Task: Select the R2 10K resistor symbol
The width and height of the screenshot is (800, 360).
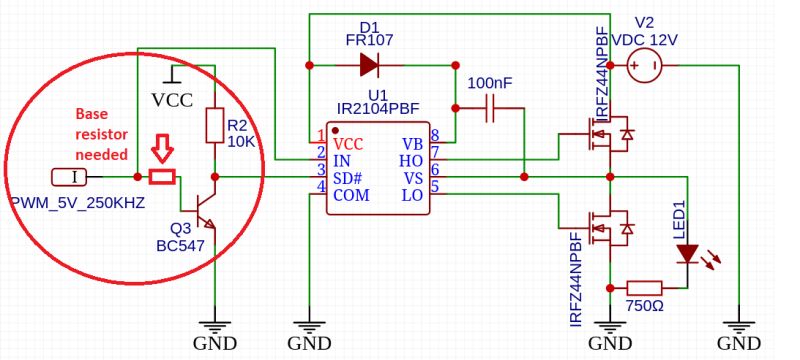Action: click(x=213, y=126)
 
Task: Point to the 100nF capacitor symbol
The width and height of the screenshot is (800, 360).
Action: click(x=490, y=110)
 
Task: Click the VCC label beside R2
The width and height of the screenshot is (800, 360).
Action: click(x=172, y=100)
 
